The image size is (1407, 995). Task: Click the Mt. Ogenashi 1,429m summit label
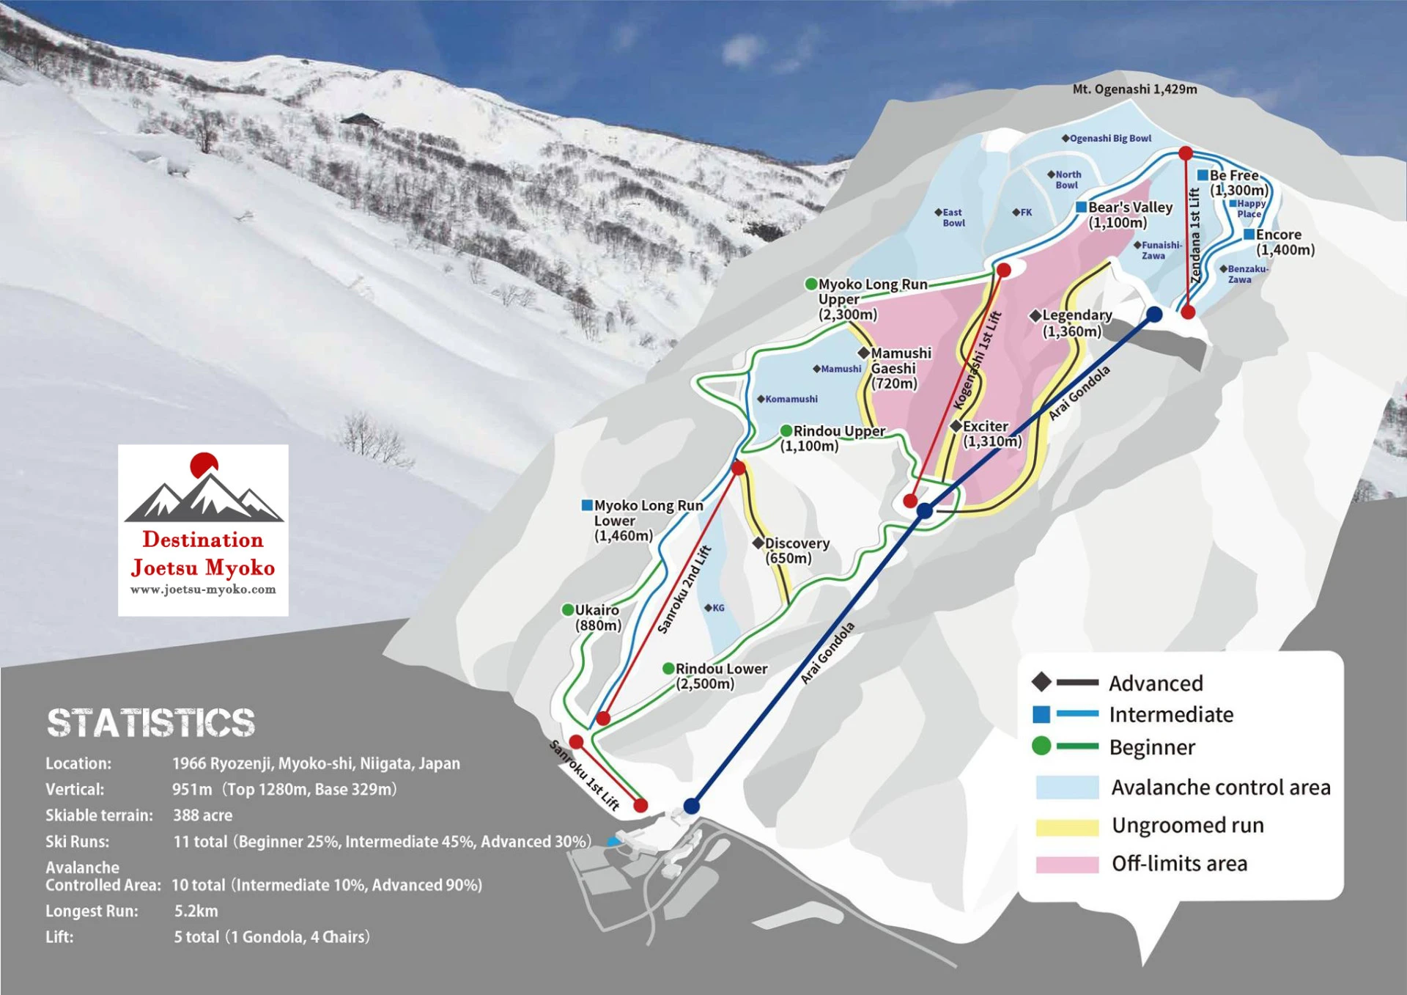[1134, 89]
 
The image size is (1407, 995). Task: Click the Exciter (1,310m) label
[990, 433]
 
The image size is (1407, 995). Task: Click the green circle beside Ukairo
[568, 610]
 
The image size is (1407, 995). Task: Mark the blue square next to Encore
[1249, 235]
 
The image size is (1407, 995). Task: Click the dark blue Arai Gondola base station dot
[691, 806]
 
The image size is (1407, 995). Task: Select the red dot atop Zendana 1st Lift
[1186, 153]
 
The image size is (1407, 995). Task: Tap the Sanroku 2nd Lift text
[684, 590]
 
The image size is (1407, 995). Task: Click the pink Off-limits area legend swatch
[1067, 864]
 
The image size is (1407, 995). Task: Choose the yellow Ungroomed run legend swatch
[1067, 826]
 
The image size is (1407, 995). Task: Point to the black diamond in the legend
[1041, 683]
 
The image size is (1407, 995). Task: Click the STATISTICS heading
[151, 723]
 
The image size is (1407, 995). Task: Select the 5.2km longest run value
[196, 911]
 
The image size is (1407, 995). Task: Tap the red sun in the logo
[204, 464]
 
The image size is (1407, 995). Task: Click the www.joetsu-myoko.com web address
[203, 590]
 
